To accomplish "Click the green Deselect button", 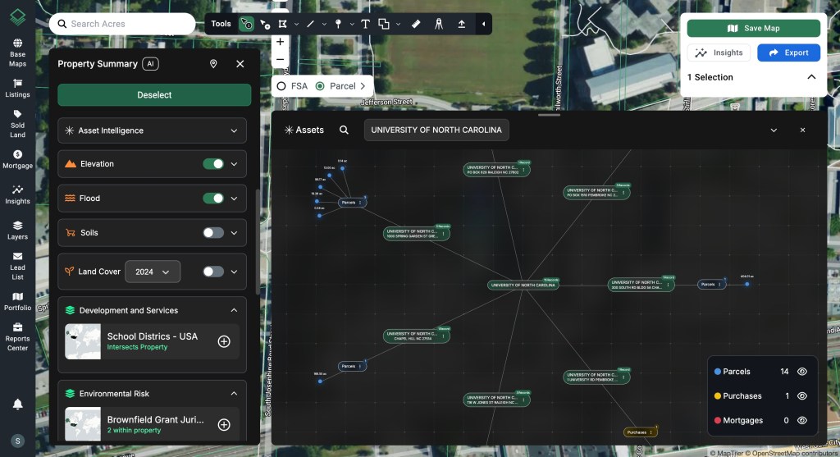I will (x=154, y=95).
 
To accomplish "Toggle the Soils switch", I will (x=213, y=233).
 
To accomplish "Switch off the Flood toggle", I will (x=213, y=199).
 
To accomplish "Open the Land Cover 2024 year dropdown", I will (x=153, y=272).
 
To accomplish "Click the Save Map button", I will (x=753, y=29).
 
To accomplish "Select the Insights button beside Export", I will (x=719, y=53).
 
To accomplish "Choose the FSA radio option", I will (x=281, y=86).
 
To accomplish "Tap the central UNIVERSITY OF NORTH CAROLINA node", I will (x=524, y=285).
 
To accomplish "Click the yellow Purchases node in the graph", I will (x=637, y=432).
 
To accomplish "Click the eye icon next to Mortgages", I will (x=802, y=420).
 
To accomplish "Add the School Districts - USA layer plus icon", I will (x=224, y=341).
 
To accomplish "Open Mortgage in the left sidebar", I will (x=17, y=159).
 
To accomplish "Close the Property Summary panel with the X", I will (x=240, y=64).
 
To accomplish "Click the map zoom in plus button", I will (x=281, y=42).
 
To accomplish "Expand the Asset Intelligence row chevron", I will (x=234, y=130).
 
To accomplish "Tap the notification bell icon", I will (x=17, y=404).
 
